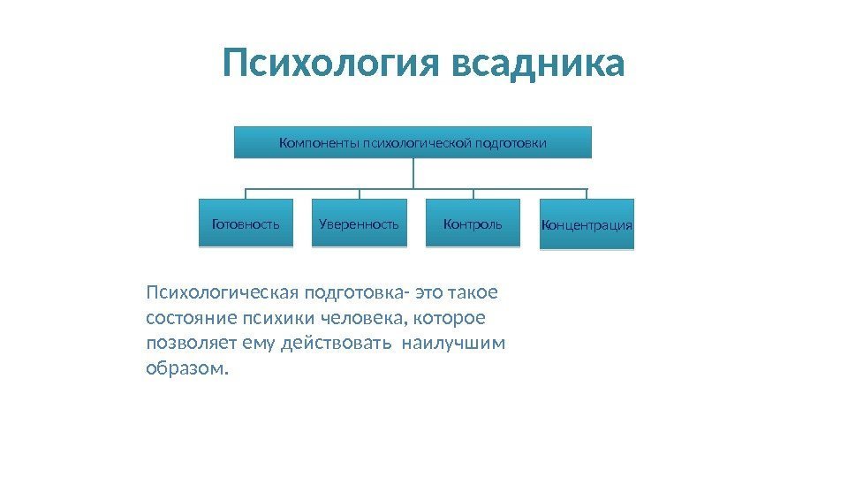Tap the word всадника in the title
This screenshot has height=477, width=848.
click(537, 63)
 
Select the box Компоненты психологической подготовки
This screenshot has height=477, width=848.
click(413, 142)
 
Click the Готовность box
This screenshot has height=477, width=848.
click(246, 224)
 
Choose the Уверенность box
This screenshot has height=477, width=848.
click(359, 224)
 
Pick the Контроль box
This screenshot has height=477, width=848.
click(473, 224)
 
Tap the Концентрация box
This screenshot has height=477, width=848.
click(587, 225)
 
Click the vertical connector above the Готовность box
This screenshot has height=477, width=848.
click(246, 194)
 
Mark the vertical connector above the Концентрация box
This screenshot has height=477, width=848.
click(587, 194)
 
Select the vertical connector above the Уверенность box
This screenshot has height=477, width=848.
click(359, 194)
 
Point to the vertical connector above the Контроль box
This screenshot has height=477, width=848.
click(473, 194)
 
